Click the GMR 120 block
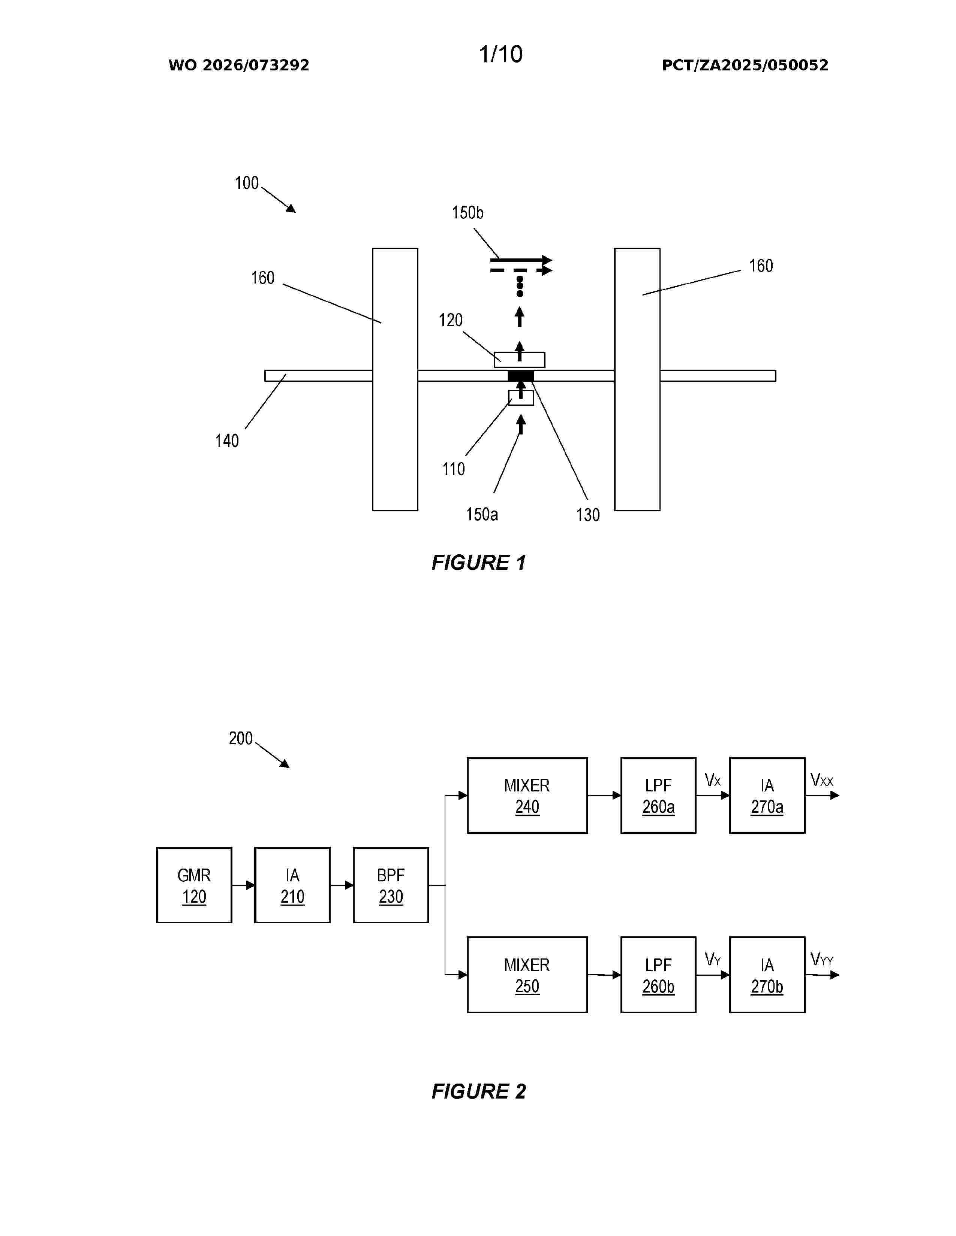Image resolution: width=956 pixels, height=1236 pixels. pos(194,885)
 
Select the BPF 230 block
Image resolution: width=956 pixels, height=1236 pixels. pos(391,885)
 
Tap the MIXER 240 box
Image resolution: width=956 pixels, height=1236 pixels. pos(527,795)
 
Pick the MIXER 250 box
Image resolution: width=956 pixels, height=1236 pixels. pos(527,975)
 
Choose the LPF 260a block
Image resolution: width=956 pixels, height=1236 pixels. pos(658,795)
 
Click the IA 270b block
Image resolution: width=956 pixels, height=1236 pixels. pos(767,975)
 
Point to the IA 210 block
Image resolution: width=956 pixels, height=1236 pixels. pos(292,885)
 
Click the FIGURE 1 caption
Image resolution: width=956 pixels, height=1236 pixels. pos(479,563)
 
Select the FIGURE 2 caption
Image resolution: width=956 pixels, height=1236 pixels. pos(479,1091)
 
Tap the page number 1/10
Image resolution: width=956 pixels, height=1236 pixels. pos(500,54)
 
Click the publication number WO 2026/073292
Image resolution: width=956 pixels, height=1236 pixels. pos(239,65)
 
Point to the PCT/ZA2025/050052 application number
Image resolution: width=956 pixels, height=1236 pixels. pos(745,65)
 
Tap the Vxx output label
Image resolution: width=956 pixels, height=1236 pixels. pos(822,781)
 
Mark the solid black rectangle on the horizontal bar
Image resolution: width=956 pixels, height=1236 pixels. pos(520,376)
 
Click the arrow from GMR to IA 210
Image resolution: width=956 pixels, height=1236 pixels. pos(243,885)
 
